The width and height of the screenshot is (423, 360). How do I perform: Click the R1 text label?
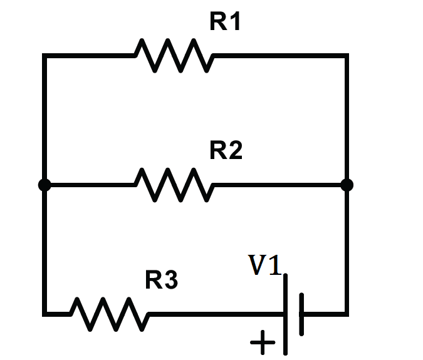pyautogui.click(x=225, y=23)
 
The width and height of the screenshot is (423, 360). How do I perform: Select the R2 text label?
pyautogui.click(x=226, y=151)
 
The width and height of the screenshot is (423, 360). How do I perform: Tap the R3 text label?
pyautogui.click(x=162, y=280)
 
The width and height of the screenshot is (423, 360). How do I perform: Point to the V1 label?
pyautogui.click(x=266, y=265)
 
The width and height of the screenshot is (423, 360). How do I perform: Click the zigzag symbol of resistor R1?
pyautogui.click(x=174, y=56)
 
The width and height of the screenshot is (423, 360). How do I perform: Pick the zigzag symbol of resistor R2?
pyautogui.click(x=174, y=185)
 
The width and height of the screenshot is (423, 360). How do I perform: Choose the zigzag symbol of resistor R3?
pyautogui.click(x=110, y=314)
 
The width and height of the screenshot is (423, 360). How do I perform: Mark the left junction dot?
pyautogui.click(x=44, y=185)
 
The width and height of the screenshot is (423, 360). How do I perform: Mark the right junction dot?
pyautogui.click(x=347, y=185)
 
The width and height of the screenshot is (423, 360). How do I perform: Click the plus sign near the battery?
pyautogui.click(x=263, y=343)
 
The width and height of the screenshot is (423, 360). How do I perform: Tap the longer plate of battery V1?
pyautogui.click(x=286, y=314)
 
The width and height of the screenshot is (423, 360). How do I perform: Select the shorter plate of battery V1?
pyautogui.click(x=301, y=314)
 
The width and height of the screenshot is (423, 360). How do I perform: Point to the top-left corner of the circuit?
pyautogui.click(x=44, y=56)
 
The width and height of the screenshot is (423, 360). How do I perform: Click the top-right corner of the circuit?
pyautogui.click(x=347, y=56)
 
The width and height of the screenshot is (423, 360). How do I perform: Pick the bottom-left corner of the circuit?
pyautogui.click(x=44, y=314)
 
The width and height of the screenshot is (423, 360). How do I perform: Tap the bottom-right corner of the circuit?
pyautogui.click(x=347, y=314)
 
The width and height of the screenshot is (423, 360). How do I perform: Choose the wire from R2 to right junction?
pyautogui.click(x=279, y=185)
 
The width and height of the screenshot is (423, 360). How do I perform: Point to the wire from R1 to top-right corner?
pyautogui.click(x=279, y=56)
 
